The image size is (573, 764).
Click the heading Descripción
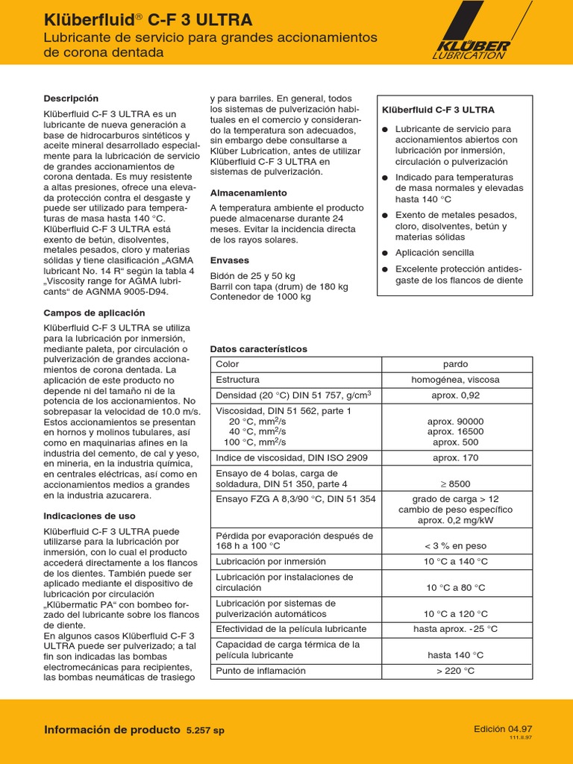(71, 98)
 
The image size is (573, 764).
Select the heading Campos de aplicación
(95, 313)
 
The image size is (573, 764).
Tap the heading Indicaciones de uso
(90, 516)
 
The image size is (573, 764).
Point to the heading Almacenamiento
(248, 192)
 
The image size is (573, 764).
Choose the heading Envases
(229, 261)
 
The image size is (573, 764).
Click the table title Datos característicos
(259, 349)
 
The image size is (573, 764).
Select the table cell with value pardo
(455, 364)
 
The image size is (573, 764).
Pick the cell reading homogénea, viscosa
(455, 380)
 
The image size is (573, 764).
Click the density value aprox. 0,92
(455, 395)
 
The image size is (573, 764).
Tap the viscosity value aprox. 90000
(455, 421)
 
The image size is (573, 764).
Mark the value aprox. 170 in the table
(455, 457)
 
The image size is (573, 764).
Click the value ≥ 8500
(455, 483)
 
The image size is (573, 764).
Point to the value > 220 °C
(455, 671)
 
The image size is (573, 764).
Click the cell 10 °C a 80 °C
(455, 588)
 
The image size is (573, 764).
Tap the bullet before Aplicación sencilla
(385, 253)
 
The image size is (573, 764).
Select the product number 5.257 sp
(205, 730)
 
